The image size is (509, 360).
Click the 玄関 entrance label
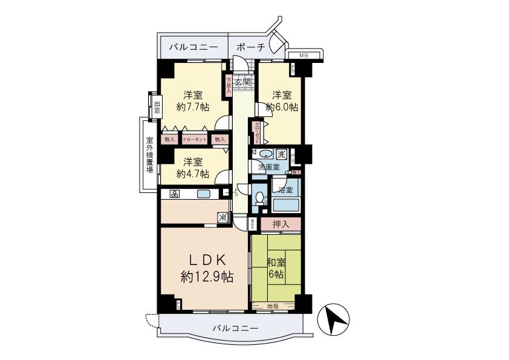pyautogui.click(x=242, y=82)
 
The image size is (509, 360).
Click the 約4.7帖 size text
pyautogui.click(x=193, y=174)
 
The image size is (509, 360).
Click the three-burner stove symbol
pyautogui.click(x=174, y=194)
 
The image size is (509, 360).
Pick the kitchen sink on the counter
pyautogui.click(x=203, y=194)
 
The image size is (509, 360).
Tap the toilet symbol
pyautogui.click(x=260, y=197)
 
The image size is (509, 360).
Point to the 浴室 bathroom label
pyautogui.click(x=285, y=189)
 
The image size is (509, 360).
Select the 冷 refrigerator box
pyautogui.click(x=223, y=217)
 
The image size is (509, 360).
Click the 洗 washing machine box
pyautogui.click(x=281, y=153)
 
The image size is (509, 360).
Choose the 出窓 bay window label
pyautogui.click(x=156, y=107)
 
